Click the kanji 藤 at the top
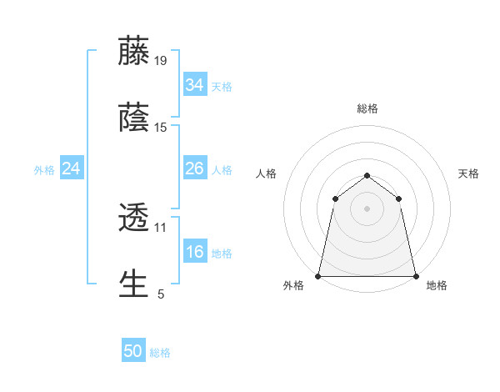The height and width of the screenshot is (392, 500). [x=133, y=51]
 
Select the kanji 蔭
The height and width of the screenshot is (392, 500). [x=133, y=118]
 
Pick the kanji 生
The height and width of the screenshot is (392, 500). [x=133, y=284]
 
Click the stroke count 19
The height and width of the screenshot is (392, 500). [x=161, y=61]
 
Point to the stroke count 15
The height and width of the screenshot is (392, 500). [x=161, y=128]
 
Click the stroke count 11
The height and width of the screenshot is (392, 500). [x=161, y=227]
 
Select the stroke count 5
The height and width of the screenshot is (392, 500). [x=161, y=294]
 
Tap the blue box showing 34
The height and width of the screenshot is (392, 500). [x=194, y=85]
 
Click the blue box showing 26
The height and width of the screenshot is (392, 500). [x=194, y=168]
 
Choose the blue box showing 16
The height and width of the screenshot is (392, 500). [x=194, y=252]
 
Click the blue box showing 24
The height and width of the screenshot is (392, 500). [x=71, y=168]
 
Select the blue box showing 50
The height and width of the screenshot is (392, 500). [x=133, y=352]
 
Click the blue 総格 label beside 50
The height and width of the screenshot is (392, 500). [x=160, y=353]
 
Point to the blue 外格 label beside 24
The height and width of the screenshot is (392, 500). [x=44, y=169]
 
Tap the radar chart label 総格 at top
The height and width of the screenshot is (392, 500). [x=367, y=108]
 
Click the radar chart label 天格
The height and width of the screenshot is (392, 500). [x=469, y=173]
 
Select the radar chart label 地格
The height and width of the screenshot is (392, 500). [x=437, y=285]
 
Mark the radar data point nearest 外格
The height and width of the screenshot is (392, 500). [x=318, y=275]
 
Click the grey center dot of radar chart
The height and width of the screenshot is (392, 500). [x=367, y=209]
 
